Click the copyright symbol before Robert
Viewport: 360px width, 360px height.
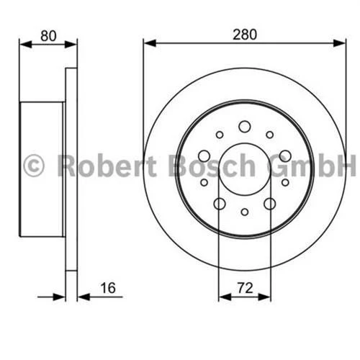point(34,165)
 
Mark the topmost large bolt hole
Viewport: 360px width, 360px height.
point(244,127)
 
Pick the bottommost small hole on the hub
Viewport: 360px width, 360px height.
point(244,212)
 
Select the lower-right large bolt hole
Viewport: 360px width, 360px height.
point(269,204)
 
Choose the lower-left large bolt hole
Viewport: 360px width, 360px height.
point(219,204)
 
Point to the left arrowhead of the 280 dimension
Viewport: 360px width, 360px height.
point(148,43)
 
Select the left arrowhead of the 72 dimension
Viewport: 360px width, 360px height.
point(222,295)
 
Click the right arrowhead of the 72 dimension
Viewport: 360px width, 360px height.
point(266,295)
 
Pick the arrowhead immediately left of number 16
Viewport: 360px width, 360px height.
point(81,295)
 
